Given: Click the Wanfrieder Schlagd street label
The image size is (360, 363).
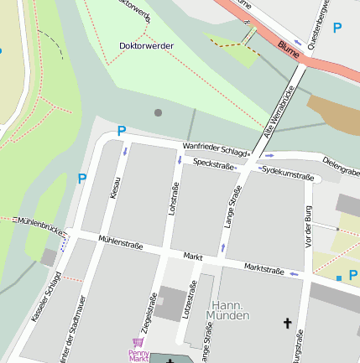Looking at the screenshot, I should coord(216,150).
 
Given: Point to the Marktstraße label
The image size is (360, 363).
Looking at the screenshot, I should coord(264,267).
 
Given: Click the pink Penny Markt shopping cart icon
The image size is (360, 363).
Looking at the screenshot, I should coord(138,342).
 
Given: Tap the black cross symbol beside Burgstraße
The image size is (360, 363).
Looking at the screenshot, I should coord(287,323).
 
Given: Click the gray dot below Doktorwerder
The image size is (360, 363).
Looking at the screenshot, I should coord(158,112).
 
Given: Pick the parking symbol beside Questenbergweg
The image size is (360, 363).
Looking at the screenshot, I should coord(337,28).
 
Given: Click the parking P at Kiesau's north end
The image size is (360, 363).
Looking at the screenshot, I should coord(122,131).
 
